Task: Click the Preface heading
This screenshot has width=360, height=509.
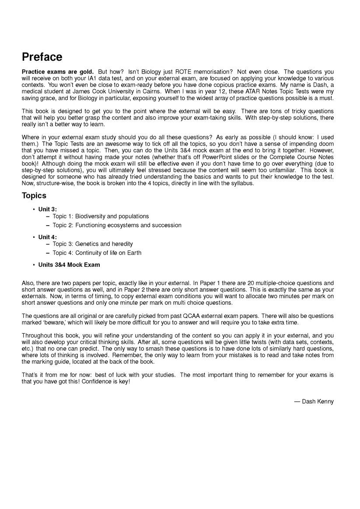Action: coord(42,57)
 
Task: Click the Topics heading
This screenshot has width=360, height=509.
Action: coord(34,195)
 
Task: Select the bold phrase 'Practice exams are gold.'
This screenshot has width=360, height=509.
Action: coord(58,72)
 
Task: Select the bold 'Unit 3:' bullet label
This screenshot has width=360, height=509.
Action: coord(48,209)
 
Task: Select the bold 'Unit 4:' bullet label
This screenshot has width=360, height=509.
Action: coord(48,237)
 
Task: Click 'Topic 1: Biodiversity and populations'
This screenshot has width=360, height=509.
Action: coord(101,216)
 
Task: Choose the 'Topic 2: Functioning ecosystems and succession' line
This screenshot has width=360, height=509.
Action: coord(117,226)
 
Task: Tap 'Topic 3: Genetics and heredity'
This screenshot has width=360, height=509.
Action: coord(93,244)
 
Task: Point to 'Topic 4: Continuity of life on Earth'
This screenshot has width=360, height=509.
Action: coord(97,253)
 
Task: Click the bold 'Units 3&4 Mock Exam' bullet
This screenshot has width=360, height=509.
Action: coord(69,265)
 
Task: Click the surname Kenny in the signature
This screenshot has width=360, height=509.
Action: coord(326,401)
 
